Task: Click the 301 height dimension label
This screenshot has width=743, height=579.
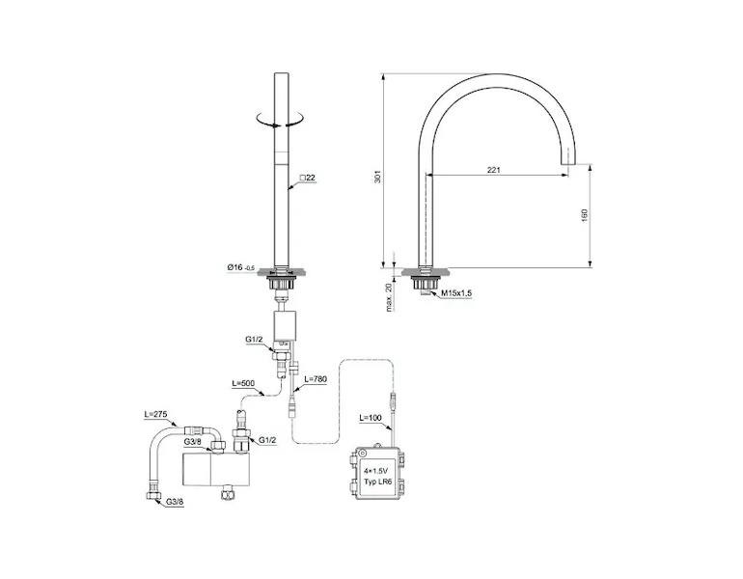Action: (377, 177)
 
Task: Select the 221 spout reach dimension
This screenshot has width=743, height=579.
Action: (494, 170)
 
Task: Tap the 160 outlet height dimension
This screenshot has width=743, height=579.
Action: (584, 215)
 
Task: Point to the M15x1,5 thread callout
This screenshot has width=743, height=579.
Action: (456, 293)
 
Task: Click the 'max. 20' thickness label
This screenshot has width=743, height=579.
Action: (389, 297)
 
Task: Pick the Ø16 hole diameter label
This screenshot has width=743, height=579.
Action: (240, 267)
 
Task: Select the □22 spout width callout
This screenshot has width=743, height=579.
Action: (308, 178)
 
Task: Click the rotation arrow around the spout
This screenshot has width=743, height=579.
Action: (279, 119)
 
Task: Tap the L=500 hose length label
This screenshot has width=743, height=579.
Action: (242, 383)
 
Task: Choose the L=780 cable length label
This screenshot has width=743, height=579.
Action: (316, 379)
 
